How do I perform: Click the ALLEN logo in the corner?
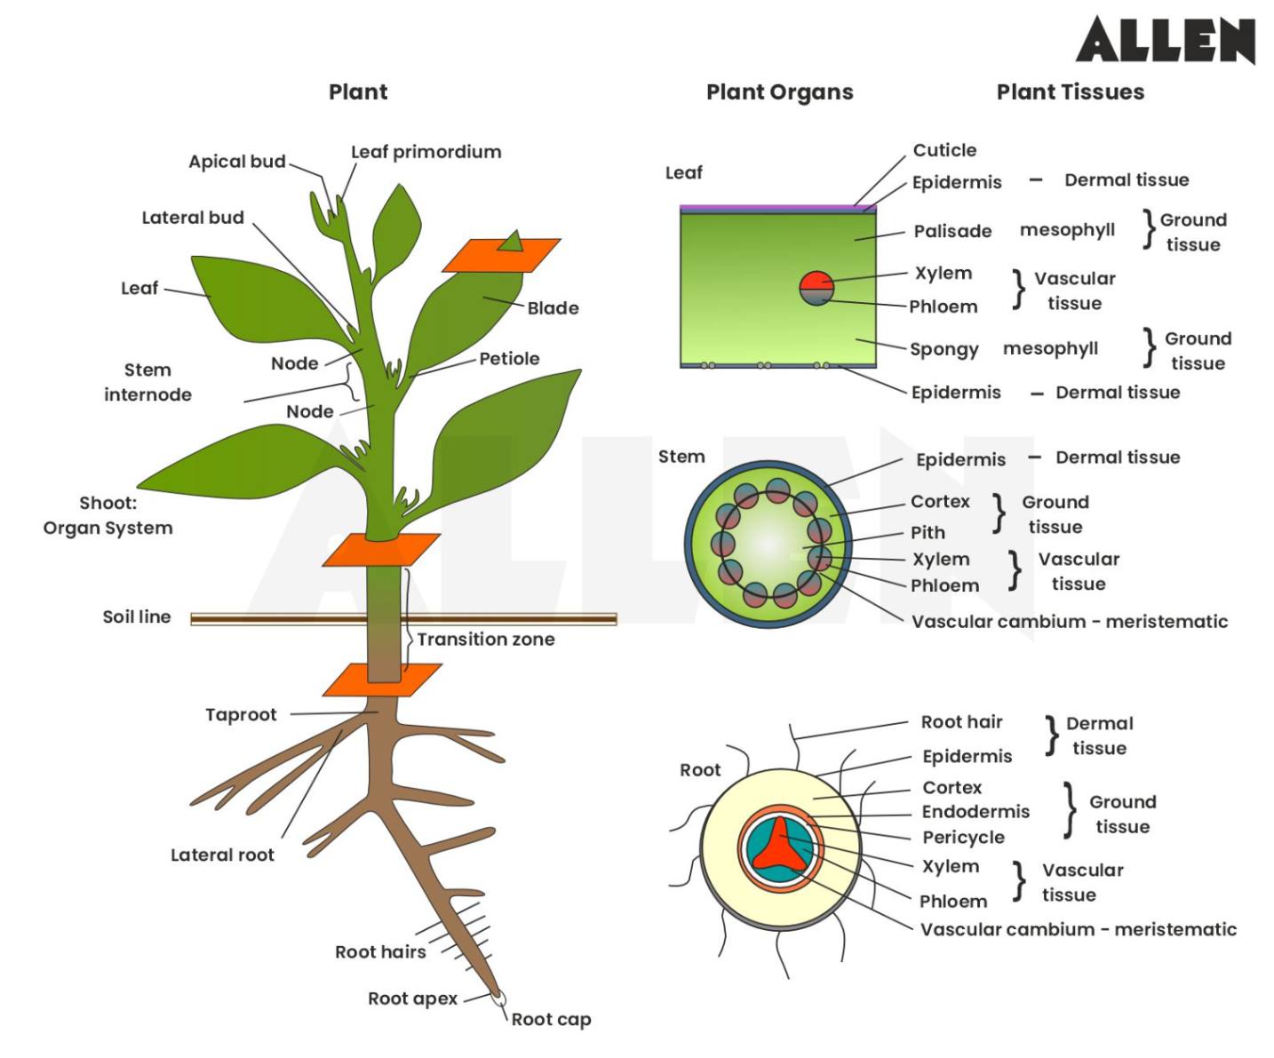[1165, 40]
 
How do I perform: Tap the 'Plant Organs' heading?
[779, 92]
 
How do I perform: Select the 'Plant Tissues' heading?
[1070, 92]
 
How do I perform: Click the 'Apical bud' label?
[236, 162]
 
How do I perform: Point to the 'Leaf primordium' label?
[426, 152]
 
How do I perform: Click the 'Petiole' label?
[509, 359]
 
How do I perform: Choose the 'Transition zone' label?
[486, 640]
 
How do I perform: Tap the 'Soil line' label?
[136, 617]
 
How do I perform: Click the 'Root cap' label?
[551, 1020]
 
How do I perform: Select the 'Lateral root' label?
[222, 855]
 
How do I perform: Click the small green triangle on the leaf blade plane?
[511, 241]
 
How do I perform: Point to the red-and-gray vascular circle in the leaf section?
[816, 288]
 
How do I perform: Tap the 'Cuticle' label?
[944, 151]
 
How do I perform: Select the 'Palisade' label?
[952, 232]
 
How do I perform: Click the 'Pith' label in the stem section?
[928, 533]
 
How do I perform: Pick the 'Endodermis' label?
[975, 812]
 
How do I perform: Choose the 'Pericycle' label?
[963, 838]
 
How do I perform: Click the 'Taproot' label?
[241, 715]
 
